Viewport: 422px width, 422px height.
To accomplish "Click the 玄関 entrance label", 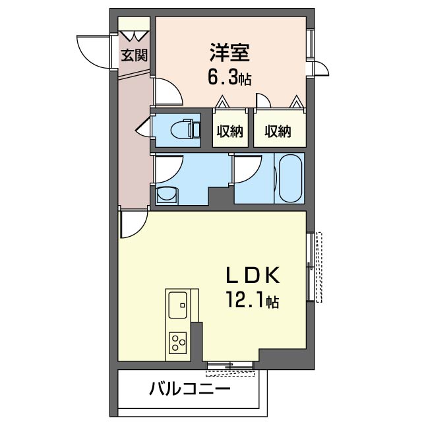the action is coord(135,55).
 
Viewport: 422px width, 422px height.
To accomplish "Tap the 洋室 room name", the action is coord(230,53).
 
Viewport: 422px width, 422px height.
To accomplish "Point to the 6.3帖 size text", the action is coord(229,78).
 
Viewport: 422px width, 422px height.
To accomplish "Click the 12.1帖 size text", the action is coord(252,300).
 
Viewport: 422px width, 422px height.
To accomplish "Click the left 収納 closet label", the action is coord(230,132).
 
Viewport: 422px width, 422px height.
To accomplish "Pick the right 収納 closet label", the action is coord(278,132).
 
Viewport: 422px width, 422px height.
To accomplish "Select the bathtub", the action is coord(291,178).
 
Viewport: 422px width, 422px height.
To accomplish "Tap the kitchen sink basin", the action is coord(178,305).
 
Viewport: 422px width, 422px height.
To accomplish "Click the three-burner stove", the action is coord(178,343).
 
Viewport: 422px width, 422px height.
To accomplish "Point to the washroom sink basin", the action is coord(167,195).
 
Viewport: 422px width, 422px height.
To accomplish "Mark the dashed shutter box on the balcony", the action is coord(230,373).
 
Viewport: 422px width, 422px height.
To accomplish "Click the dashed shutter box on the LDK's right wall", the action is coord(319,266).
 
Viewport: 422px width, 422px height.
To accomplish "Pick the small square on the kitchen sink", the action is coord(183,305).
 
